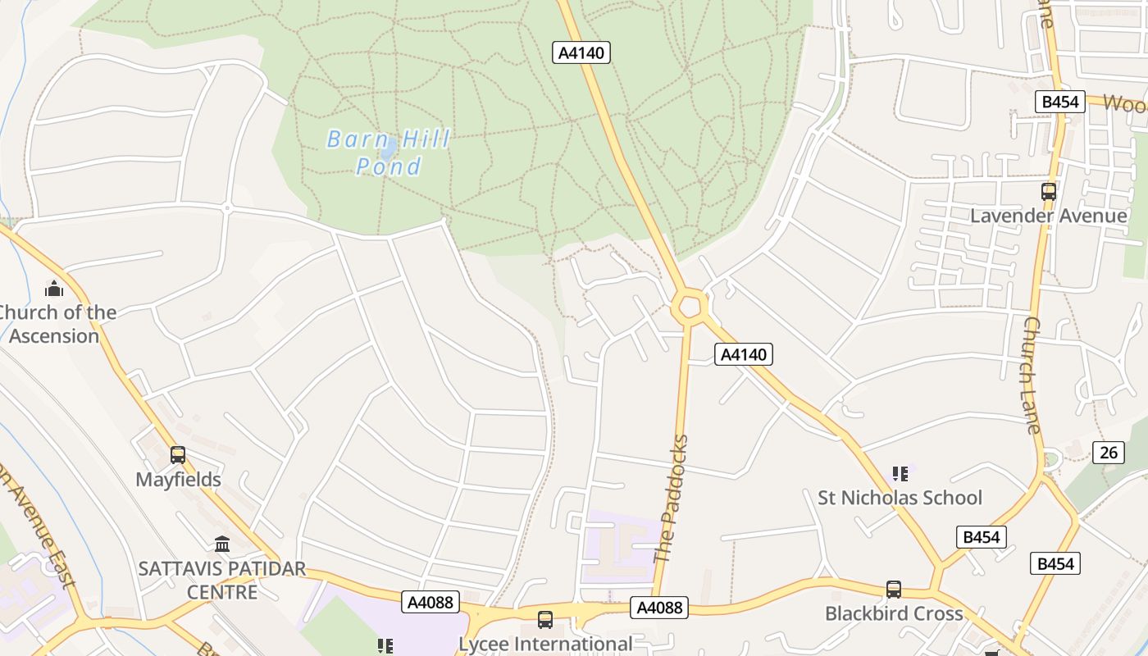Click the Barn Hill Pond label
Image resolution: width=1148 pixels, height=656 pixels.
point(389,153)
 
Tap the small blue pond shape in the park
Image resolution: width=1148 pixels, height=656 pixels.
point(389,148)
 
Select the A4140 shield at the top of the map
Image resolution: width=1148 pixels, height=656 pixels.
point(581,52)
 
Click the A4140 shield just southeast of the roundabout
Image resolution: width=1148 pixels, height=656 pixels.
point(744,354)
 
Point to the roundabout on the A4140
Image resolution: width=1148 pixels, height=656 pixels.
point(689,307)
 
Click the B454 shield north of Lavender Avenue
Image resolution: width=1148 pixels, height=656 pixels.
point(1059,101)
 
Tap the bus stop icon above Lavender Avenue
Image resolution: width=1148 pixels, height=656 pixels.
point(1048,192)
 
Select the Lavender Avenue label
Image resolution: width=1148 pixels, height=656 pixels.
point(1049,216)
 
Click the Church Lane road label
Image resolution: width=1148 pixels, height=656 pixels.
point(1032,375)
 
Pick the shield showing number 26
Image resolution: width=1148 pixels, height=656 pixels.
point(1109,452)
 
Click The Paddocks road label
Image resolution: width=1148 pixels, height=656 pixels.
point(672,499)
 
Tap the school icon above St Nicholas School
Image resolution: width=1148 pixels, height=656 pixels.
point(900,474)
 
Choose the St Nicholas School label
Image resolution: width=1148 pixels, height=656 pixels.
point(900,498)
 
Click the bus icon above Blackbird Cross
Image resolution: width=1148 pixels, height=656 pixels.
point(893,589)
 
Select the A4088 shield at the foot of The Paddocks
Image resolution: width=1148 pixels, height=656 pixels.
point(658,608)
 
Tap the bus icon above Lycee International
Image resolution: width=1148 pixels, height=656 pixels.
point(545,620)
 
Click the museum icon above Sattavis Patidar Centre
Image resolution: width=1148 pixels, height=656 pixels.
point(221,544)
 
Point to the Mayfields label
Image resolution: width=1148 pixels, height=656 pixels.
point(178,480)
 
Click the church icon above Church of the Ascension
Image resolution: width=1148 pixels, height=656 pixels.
point(54,289)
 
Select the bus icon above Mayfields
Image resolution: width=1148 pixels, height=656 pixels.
point(178,455)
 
